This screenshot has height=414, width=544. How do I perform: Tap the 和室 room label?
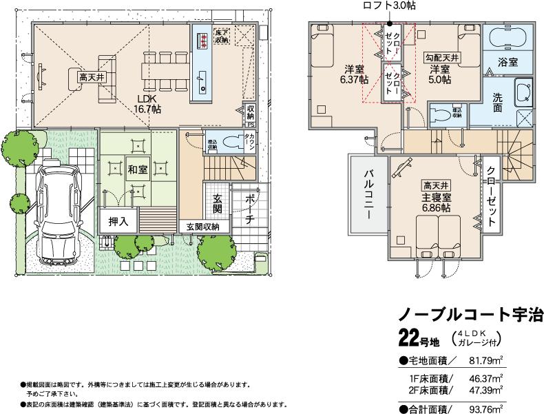click(x=136, y=168)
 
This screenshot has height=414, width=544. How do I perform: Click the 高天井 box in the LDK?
click(x=91, y=78)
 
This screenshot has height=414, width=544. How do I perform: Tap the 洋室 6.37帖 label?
click(x=354, y=74)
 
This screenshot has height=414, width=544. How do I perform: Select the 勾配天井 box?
click(x=441, y=57)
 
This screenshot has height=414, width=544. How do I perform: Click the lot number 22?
click(x=409, y=339)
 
